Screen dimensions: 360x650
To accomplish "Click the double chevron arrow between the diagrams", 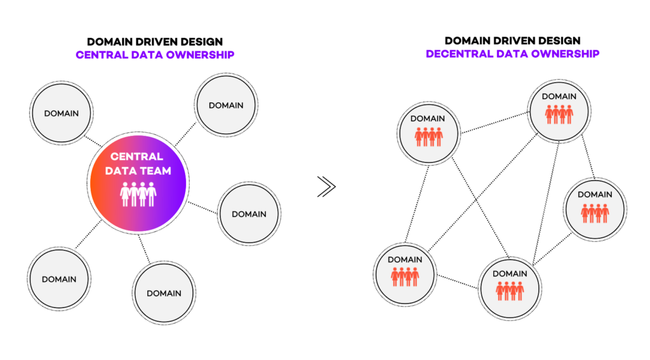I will click(326, 187).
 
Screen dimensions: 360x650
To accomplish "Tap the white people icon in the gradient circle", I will click(139, 194).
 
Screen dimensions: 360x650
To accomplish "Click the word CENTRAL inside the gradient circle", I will click(137, 156).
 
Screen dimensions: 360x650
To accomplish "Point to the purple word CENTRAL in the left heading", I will click(101, 55).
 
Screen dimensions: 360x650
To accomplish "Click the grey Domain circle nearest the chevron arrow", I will click(249, 214).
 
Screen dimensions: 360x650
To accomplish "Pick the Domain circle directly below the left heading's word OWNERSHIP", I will click(226, 105).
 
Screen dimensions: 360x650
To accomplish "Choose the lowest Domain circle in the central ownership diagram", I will click(164, 293).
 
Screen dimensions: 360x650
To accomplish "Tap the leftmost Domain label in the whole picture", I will click(59, 279).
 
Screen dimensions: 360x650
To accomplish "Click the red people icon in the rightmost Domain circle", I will click(595, 213).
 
